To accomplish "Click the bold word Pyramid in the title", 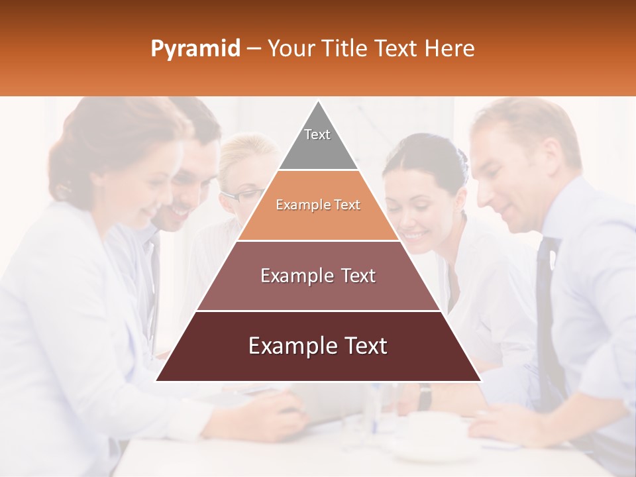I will pos(195,49).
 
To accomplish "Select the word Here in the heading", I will pos(449,49).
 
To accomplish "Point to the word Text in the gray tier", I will pos(317,134).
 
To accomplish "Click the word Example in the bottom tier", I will pos(288,346).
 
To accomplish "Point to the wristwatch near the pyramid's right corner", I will pos(425,396).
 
